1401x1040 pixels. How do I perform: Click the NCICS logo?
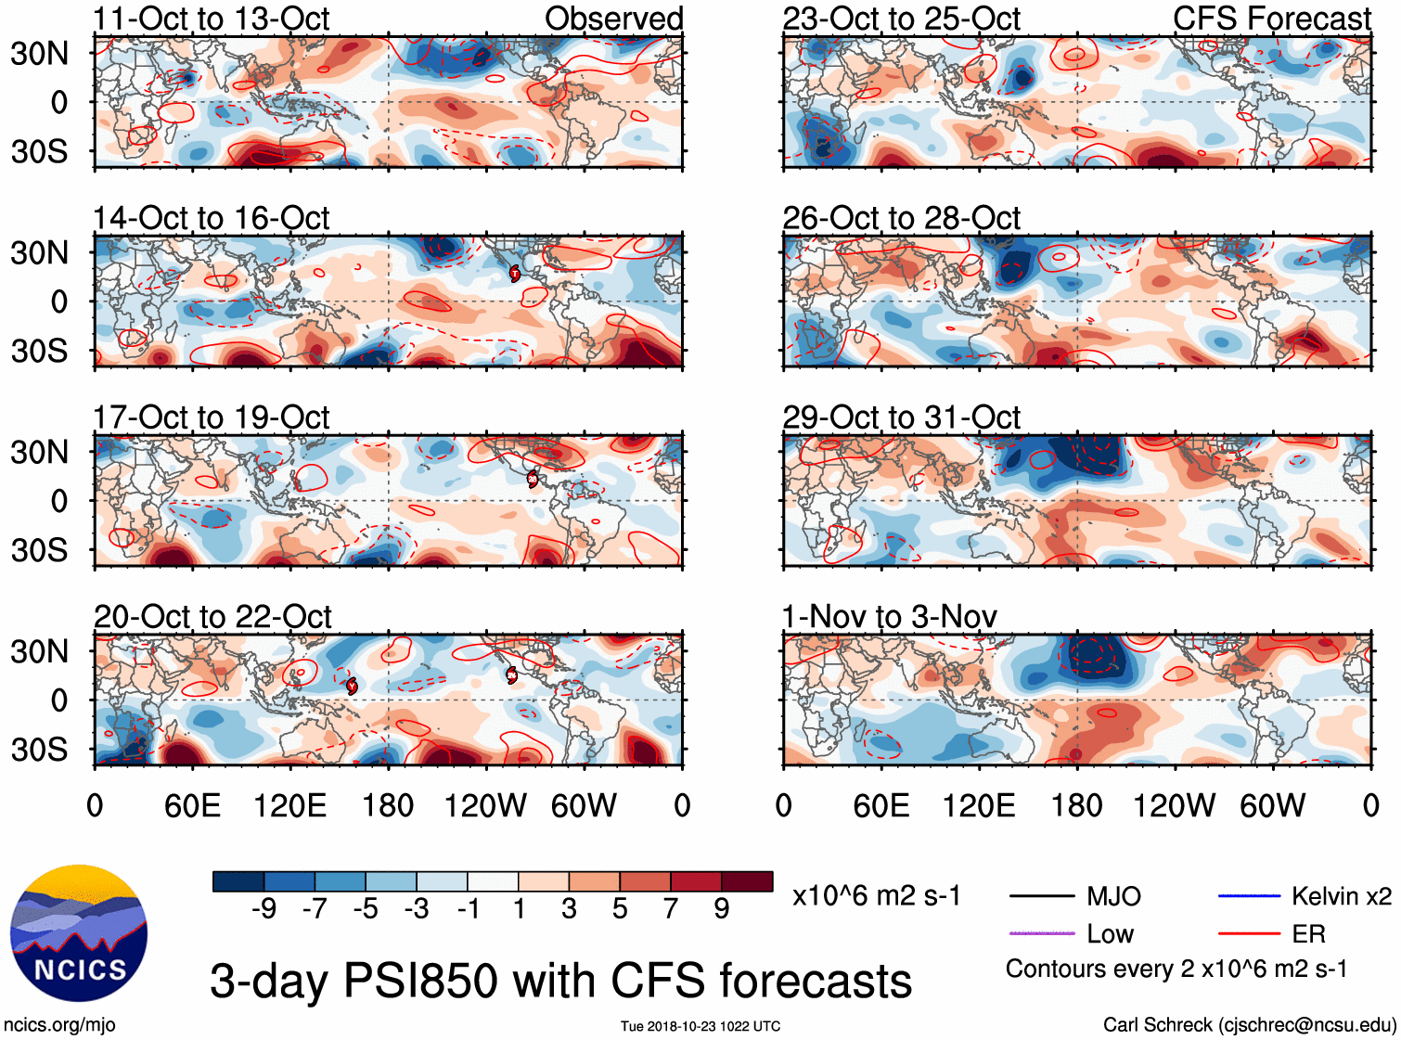[79, 933]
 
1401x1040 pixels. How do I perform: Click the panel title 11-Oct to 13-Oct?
[211, 19]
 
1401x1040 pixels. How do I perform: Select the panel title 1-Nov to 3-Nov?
[889, 616]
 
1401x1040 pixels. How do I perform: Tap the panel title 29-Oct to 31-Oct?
[901, 417]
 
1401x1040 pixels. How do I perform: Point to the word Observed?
[613, 19]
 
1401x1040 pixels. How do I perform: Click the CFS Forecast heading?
[1271, 19]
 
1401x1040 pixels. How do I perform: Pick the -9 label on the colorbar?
[263, 909]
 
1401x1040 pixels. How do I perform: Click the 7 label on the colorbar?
[671, 909]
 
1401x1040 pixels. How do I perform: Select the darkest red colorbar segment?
[747, 881]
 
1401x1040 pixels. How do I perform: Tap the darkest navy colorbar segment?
[238, 881]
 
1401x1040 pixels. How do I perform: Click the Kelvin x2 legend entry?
[1341, 896]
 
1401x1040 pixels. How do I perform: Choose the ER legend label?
[1308, 934]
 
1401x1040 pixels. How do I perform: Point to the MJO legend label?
[1113, 896]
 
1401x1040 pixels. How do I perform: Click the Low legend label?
[1110, 934]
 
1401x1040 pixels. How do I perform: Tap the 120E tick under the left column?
[289, 805]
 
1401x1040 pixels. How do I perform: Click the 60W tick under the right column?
[1272, 805]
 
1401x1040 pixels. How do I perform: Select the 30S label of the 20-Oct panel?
[39, 750]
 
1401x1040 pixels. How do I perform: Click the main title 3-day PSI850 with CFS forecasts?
[560, 981]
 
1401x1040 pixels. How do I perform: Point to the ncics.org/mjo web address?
[59, 1025]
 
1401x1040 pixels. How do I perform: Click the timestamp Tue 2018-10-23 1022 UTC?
[700, 1026]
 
